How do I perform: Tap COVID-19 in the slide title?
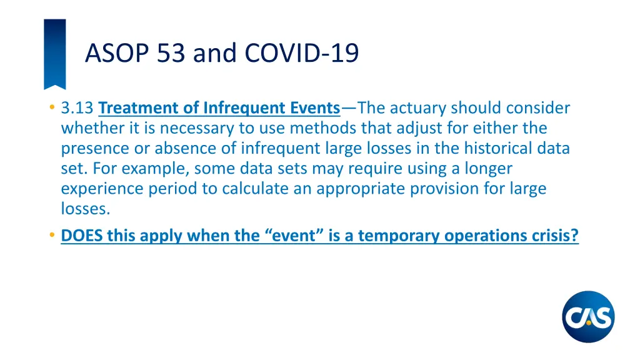point(302,53)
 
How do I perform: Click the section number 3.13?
point(78,108)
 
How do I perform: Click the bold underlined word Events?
point(314,108)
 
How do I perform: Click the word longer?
point(489,169)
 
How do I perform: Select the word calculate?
point(241,189)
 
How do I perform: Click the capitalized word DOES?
point(82,236)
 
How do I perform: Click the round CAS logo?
point(588,317)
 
